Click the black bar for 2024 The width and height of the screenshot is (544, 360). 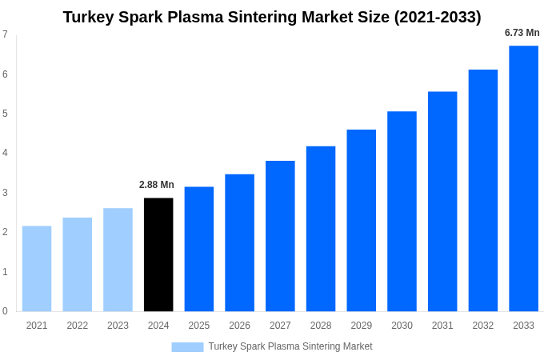(x=158, y=254)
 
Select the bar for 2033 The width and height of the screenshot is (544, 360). (x=523, y=178)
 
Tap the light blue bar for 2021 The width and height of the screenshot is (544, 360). (x=37, y=269)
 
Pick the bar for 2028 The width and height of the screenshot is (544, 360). (x=321, y=229)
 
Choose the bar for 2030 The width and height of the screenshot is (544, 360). (x=402, y=211)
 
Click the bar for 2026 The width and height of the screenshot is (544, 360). (x=239, y=242)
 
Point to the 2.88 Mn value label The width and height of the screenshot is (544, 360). (x=157, y=185)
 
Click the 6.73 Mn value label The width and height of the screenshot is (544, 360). (x=522, y=33)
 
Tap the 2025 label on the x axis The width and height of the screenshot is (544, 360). (x=199, y=326)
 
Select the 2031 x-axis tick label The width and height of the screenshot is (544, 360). (x=442, y=326)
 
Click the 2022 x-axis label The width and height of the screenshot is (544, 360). (x=78, y=326)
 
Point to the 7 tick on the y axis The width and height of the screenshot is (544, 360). (x=5, y=34)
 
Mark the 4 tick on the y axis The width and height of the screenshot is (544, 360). (x=5, y=153)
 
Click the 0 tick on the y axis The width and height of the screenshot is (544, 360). (x=5, y=311)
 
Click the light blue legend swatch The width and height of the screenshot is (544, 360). (x=187, y=347)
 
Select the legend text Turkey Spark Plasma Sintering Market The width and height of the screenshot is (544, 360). (x=290, y=346)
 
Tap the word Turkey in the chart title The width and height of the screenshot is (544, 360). (x=88, y=17)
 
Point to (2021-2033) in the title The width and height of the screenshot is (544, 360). (x=438, y=17)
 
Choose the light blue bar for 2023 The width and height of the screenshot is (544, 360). (x=118, y=260)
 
